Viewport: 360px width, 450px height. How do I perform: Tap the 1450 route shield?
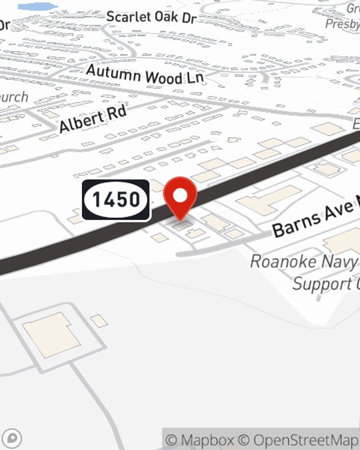[x=116, y=200]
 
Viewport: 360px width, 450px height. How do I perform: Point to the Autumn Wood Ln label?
[x=145, y=75]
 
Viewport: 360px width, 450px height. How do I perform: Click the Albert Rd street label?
[x=93, y=119]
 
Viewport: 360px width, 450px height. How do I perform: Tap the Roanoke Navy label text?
[x=304, y=261]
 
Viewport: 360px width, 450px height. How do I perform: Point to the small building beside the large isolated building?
[x=98, y=320]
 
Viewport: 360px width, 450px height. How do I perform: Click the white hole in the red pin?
[x=180, y=195]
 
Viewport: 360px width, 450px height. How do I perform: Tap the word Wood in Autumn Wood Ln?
[x=164, y=77]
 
